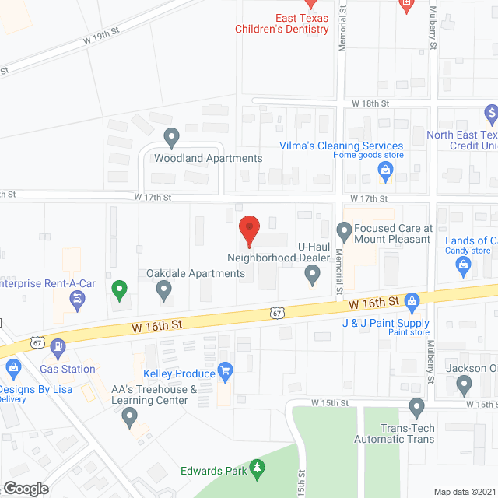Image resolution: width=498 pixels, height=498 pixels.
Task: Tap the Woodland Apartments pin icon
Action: click(173, 138)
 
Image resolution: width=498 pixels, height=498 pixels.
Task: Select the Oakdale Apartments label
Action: click(195, 273)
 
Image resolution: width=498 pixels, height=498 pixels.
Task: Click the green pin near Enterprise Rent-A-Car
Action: click(119, 290)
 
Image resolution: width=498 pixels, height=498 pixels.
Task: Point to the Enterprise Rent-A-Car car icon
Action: click(76, 303)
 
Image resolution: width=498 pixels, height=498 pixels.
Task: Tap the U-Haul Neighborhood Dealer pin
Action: click(312, 274)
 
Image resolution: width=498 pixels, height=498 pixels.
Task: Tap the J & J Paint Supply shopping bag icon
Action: click(412, 300)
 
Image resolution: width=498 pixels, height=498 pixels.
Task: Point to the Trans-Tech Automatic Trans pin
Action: click(417, 406)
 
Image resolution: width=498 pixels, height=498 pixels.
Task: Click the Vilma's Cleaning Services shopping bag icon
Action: click(384, 174)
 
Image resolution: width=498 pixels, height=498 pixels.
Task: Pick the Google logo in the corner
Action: click(25, 487)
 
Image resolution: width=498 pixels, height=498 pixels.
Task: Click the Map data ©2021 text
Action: click(464, 492)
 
